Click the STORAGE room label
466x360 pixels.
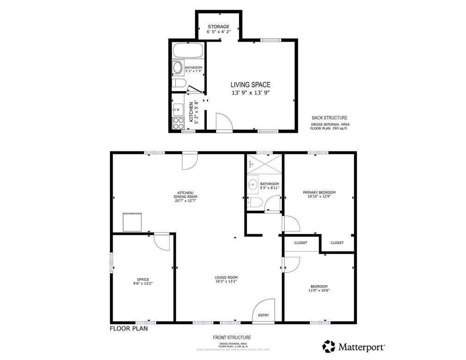tap(218, 26)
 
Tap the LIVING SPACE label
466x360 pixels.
tap(251, 85)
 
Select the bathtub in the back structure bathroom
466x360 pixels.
tap(188, 50)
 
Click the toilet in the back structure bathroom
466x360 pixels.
tap(178, 83)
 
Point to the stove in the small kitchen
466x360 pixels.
tap(178, 123)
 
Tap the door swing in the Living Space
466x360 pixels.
tap(224, 123)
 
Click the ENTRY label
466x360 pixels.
tap(264, 315)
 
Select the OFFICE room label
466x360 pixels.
tap(142, 279)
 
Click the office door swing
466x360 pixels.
tap(162, 241)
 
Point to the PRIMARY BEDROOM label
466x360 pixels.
tap(319, 192)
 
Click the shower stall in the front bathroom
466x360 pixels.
tap(264, 164)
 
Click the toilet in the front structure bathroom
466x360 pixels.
tap(255, 202)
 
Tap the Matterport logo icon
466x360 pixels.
tap(329, 346)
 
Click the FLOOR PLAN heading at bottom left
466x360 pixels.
tap(129, 329)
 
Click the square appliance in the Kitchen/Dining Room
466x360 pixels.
tap(132, 222)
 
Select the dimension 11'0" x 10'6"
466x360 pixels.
tap(319, 291)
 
